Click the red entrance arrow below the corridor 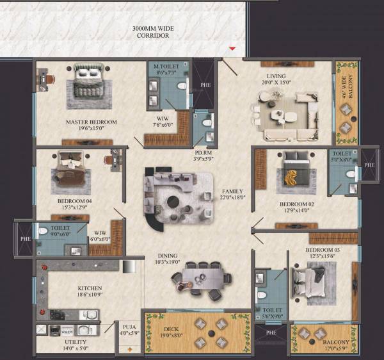233,49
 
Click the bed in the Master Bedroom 88,79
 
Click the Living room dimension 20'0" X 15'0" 279,82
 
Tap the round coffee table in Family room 173,202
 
